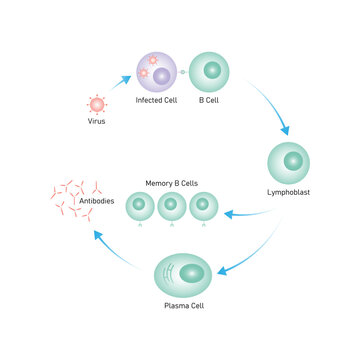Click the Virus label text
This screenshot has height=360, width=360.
click(x=97, y=121)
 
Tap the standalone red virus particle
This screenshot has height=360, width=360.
click(x=97, y=104)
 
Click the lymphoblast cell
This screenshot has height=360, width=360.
click(x=289, y=160)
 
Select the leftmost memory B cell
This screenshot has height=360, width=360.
click(x=140, y=206)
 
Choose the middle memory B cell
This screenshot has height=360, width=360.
click(x=172, y=206)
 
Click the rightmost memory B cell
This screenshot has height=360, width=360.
click(x=204, y=206)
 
